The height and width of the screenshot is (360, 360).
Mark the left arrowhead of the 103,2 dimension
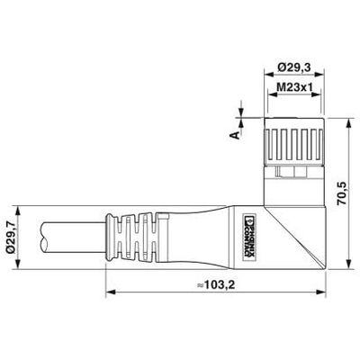click(x=110, y=292)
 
